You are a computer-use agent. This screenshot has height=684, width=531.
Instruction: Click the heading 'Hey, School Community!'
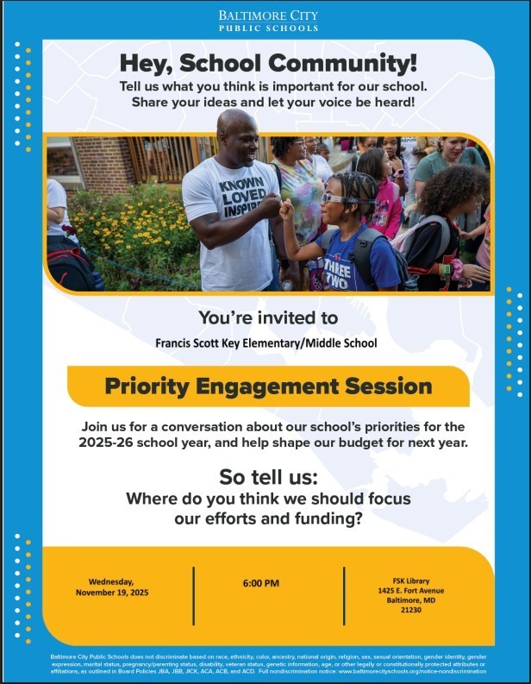click(x=267, y=63)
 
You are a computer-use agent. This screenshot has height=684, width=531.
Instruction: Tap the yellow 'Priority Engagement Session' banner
click(x=268, y=386)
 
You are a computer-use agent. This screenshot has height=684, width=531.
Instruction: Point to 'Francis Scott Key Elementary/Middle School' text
click(x=265, y=342)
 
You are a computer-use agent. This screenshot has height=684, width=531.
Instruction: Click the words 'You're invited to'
click(x=267, y=317)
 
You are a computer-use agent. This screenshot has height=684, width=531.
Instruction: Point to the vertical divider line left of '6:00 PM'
click(x=193, y=584)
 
